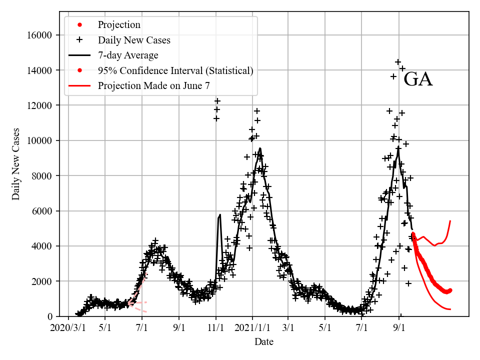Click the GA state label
[x=417, y=79]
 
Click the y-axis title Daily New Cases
[x=16, y=164]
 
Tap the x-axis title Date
[x=264, y=342]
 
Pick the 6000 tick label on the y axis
[x=44, y=211]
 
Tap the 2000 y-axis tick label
[x=44, y=281]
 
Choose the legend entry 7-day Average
[x=128, y=55]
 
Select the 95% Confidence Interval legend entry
[x=175, y=70]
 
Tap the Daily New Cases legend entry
[x=134, y=40]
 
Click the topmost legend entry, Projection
[x=119, y=24]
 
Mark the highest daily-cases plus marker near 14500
[x=398, y=62]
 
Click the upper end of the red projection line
[x=450, y=220]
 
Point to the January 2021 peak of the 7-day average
[x=260, y=148]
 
